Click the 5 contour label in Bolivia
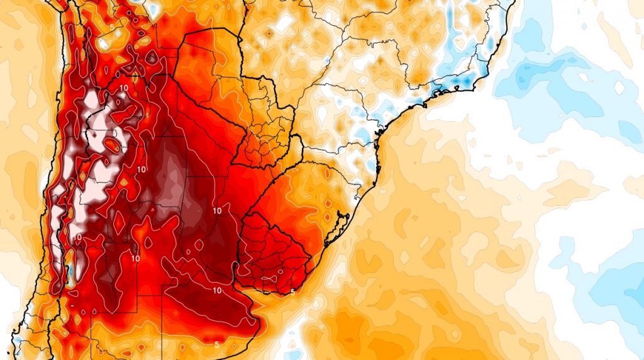(x=111, y=28)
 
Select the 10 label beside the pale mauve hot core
(x=141, y=169)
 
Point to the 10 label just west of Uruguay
(x=218, y=210)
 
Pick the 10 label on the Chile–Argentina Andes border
(x=78, y=237)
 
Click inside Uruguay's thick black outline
(x=274, y=252)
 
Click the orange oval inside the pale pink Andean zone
(x=114, y=146)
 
